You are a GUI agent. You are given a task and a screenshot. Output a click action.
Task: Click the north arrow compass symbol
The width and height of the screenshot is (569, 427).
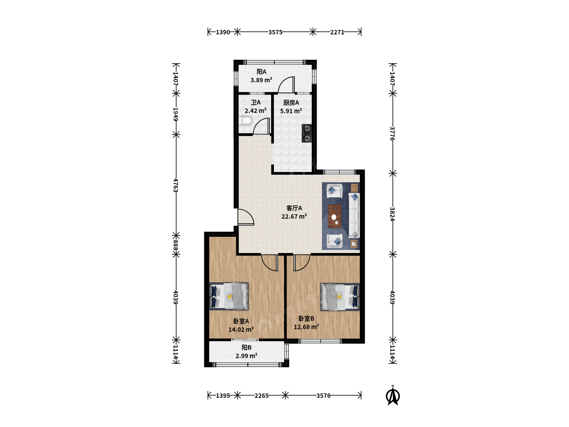click(x=392, y=396)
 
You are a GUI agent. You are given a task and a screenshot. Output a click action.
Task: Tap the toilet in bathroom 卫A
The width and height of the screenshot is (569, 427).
click(x=245, y=121)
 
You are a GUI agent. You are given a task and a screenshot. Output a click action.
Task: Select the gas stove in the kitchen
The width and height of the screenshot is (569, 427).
click(x=306, y=133)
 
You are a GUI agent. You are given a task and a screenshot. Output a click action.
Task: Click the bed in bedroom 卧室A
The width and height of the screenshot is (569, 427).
click(x=229, y=297)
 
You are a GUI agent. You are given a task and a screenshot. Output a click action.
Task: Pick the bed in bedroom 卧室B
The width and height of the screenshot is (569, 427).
click(x=340, y=297)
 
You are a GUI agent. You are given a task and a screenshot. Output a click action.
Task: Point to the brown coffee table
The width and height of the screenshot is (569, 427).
click(x=335, y=216)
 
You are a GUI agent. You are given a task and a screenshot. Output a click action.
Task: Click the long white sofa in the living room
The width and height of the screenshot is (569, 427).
click(x=354, y=215)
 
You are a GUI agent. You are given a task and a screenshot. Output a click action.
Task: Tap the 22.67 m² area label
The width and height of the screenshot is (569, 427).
click(x=294, y=216)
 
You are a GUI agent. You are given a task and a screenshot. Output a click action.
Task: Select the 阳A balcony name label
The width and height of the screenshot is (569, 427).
click(x=261, y=72)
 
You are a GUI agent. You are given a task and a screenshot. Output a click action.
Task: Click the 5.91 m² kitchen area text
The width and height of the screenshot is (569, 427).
click(x=291, y=111)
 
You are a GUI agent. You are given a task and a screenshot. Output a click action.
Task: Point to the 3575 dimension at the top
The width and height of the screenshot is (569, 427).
click(x=275, y=32)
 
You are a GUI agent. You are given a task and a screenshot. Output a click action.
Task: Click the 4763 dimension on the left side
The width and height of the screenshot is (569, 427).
click(x=175, y=185)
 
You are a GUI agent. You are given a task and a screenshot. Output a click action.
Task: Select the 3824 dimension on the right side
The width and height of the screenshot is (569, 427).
click(x=392, y=214)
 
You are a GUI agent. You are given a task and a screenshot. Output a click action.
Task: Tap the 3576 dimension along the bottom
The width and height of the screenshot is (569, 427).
click(x=323, y=396)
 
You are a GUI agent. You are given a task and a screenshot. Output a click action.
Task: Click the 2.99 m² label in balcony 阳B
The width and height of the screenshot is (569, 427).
click(x=246, y=356)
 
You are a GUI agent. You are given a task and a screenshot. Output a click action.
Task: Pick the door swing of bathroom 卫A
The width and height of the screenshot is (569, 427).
click(x=261, y=126)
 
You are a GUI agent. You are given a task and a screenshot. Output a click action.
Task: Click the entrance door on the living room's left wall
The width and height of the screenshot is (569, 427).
click(x=246, y=217)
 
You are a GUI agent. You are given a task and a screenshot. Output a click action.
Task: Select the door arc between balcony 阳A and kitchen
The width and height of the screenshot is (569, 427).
click(x=286, y=85)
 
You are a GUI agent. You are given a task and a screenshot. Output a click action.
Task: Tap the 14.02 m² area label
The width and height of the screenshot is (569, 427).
click(x=241, y=329)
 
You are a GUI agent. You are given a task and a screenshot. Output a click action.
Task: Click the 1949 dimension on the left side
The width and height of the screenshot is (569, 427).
click(x=175, y=114)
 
